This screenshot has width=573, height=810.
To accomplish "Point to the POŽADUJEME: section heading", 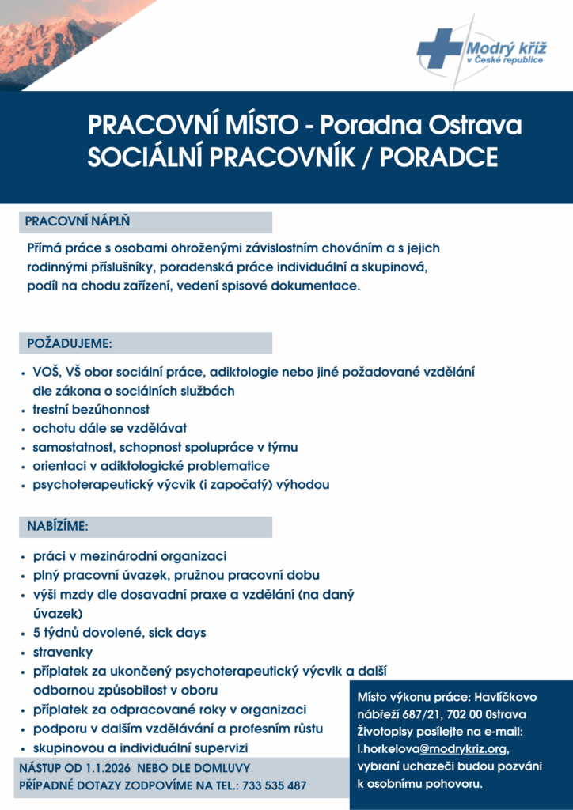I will point(70,344).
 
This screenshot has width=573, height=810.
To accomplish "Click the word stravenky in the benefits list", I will point(63,653).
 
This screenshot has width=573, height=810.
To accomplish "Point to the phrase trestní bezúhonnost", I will point(91,410).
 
